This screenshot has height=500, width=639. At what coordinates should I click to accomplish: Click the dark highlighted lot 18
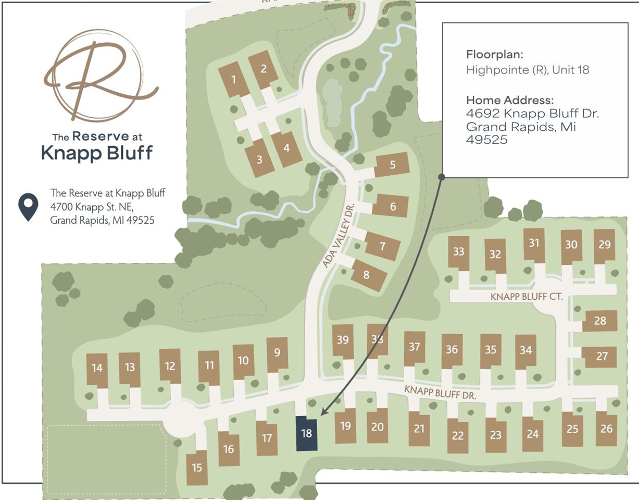(306, 433)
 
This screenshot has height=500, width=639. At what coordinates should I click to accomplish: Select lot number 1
(234, 80)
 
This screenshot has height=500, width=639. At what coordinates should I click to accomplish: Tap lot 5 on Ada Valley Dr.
(392, 165)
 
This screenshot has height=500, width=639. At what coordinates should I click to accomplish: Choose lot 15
(197, 467)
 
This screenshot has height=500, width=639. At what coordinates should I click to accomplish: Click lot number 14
(97, 368)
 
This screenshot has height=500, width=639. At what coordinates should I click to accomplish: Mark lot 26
(606, 429)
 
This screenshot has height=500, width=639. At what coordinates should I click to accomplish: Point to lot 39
(343, 340)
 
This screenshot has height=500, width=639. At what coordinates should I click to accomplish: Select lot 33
(458, 252)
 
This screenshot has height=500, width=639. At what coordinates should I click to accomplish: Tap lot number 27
(602, 357)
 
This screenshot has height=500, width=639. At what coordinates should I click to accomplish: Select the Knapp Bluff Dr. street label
(441, 392)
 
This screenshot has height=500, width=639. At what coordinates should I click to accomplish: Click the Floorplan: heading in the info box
(494, 54)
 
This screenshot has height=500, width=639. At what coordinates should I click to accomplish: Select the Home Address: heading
(509, 100)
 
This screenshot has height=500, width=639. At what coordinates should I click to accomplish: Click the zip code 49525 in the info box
(486, 140)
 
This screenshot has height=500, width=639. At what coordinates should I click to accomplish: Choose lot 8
(368, 274)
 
